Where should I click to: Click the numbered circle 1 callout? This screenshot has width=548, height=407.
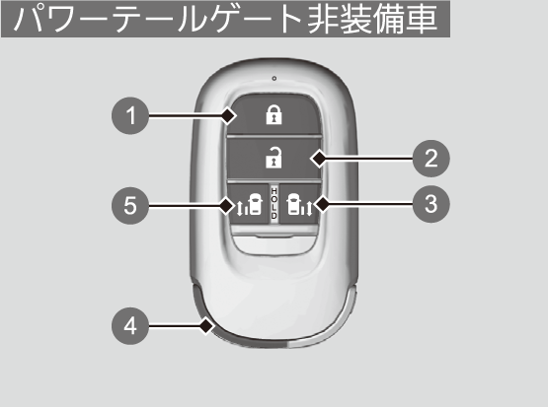(130, 115)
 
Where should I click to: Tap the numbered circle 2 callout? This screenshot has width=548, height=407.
(431, 159)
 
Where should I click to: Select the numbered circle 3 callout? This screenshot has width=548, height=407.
(431, 204)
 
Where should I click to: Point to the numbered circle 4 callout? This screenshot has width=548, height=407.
(130, 326)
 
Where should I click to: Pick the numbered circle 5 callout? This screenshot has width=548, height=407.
(130, 205)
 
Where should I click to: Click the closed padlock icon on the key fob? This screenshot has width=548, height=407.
(274, 115)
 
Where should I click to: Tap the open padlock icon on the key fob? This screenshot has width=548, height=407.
(274, 158)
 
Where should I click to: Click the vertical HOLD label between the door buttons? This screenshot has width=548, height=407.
(274, 203)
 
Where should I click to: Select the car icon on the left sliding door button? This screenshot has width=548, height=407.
(255, 204)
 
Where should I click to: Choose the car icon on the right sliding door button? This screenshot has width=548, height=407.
(293, 205)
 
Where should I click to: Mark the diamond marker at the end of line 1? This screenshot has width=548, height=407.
(228, 115)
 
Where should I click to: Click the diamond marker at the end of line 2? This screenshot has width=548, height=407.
(319, 159)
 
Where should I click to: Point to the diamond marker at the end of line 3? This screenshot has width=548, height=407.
(322, 204)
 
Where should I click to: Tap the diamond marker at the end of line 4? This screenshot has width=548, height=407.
(206, 326)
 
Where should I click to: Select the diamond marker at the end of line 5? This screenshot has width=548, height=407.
(227, 205)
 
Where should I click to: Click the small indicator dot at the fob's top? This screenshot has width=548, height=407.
(274, 79)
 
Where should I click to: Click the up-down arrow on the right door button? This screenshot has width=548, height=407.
(309, 207)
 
